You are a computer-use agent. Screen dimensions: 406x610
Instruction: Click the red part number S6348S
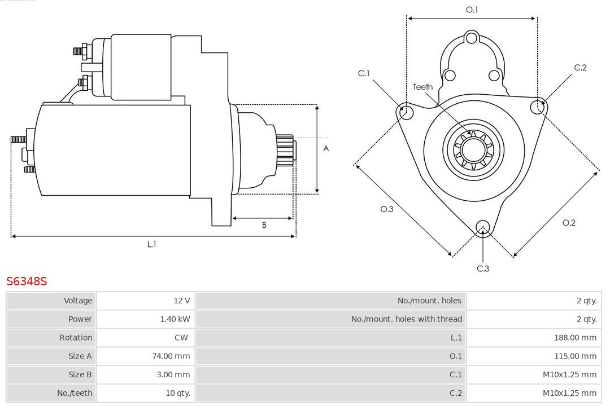pyautogui.click(x=27, y=281)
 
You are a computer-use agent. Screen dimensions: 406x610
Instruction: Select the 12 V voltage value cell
pyautogui.click(x=182, y=301)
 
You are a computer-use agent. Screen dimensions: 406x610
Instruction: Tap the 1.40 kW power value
pyautogui.click(x=175, y=319)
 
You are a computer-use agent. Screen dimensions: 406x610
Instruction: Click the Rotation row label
pyautogui.click(x=76, y=338)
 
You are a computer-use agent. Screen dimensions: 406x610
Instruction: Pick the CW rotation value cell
pyautogui.click(x=184, y=338)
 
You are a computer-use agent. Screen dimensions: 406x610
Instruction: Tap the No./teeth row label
pyautogui.click(x=75, y=393)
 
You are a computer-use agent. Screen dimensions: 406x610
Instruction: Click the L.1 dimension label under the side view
pyautogui.click(x=151, y=245)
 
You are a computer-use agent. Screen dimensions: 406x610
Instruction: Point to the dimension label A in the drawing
pyautogui.click(x=326, y=149)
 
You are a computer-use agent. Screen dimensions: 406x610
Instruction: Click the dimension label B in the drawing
pyautogui.click(x=264, y=226)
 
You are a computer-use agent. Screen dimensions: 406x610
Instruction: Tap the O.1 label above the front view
pyautogui.click(x=472, y=10)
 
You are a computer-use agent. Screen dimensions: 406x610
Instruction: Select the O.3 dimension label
pyautogui.click(x=386, y=209)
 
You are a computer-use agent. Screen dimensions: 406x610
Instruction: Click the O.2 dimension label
pyautogui.click(x=569, y=223)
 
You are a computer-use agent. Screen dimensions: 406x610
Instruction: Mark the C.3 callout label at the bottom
pyautogui.click(x=483, y=268)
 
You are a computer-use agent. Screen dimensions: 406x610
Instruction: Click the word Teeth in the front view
pyautogui.click(x=422, y=87)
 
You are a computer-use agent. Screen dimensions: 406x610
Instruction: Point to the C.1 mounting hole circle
pyautogui.click(x=405, y=112)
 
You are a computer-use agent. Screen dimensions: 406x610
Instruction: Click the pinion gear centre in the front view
pyautogui.click(x=474, y=151)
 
